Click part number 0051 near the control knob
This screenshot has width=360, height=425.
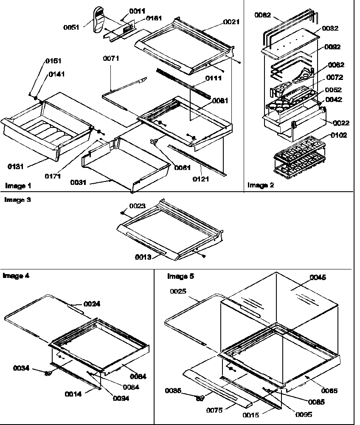[x=72, y=27]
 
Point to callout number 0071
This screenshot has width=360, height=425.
[x=111, y=59]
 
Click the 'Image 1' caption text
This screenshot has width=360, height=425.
[x=17, y=186]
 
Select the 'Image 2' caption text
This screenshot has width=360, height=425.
[x=261, y=185]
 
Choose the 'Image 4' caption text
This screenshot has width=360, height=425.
[x=16, y=275]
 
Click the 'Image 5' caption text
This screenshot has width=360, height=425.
[x=180, y=276]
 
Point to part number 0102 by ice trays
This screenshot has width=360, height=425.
[x=339, y=136]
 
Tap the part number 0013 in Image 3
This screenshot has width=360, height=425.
[x=144, y=257]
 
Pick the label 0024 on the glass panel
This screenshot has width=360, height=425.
[x=92, y=304]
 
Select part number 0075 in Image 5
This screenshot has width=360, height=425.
[x=215, y=410]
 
